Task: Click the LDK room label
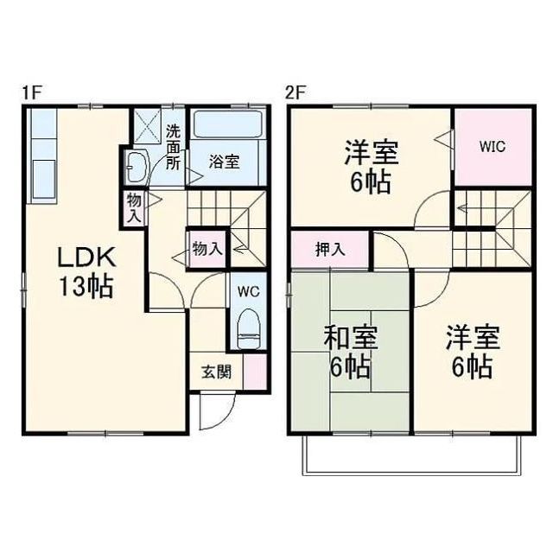tap(87, 257)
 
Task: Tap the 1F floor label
tap(32, 93)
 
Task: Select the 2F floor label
tap(296, 93)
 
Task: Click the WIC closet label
tap(493, 146)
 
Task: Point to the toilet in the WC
tap(249, 329)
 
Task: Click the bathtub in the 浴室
tap(228, 124)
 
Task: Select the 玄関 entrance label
tap(217, 372)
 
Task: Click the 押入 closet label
tap(330, 250)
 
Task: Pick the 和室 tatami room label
tap(351, 338)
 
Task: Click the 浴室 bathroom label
tap(225, 162)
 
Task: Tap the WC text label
tap(249, 292)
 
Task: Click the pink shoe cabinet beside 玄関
tap(256, 372)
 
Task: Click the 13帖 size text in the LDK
tap(86, 286)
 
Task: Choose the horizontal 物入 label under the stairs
tap(207, 250)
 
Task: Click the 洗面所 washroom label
tap(173, 148)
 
